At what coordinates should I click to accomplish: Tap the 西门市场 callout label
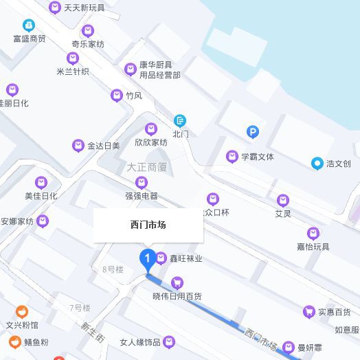pyautogui.click(x=148, y=225)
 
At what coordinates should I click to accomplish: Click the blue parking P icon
pyautogui.click(x=253, y=132)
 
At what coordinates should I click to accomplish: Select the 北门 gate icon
pyautogui.click(x=180, y=121)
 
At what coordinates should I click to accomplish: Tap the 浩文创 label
pyautogui.click(x=339, y=164)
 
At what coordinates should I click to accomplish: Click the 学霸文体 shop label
pyautogui.click(x=257, y=157)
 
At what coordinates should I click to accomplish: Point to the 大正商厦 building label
pyautogui.click(x=147, y=167)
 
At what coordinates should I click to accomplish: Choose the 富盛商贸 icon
pyautogui.click(x=28, y=25)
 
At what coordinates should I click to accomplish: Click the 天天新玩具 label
pyautogui.click(x=85, y=8)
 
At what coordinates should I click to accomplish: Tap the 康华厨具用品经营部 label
pyautogui.click(x=159, y=69)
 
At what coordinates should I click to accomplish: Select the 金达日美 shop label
pyautogui.click(x=104, y=146)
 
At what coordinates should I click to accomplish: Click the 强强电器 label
pyautogui.click(x=142, y=196)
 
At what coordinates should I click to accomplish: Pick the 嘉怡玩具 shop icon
pyautogui.click(x=313, y=233)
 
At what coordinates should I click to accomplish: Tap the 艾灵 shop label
pyautogui.click(x=283, y=214)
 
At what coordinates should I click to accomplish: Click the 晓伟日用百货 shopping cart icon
pyautogui.click(x=177, y=282)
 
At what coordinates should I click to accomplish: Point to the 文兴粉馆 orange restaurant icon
pyautogui.click(x=22, y=311)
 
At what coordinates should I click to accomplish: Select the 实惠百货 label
pyautogui.click(x=334, y=313)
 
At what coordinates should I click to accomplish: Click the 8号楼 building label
pyautogui.click(x=113, y=269)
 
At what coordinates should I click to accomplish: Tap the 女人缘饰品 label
pyautogui.click(x=139, y=342)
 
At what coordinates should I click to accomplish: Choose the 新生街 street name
pyautogui.click(x=92, y=333)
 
